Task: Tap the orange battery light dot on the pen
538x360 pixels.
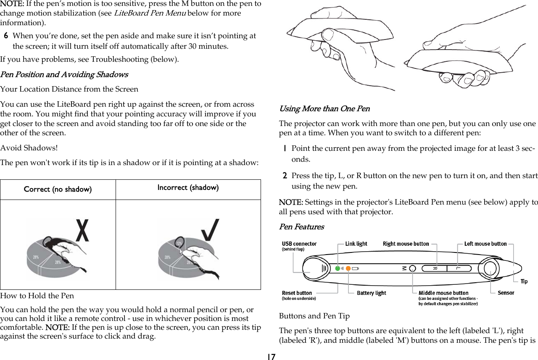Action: pyautogui.click(x=348, y=268)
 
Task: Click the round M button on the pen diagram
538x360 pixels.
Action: pyautogui.click(x=412, y=268)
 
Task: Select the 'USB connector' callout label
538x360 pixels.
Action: pyautogui.click(x=299, y=244)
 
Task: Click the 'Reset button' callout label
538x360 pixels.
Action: pyautogui.click(x=297, y=293)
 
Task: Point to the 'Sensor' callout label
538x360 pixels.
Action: pyautogui.click(x=506, y=293)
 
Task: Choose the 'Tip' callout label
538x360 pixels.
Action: pyautogui.click(x=524, y=281)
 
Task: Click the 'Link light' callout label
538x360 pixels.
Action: pyautogui.click(x=356, y=244)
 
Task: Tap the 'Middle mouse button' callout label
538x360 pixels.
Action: pyautogui.click(x=443, y=293)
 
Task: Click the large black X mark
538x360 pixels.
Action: pyautogui.click(x=82, y=230)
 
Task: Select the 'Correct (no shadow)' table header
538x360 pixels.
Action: pyautogui.click(x=58, y=189)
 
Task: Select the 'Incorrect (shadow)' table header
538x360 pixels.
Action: pyautogui.click(x=188, y=187)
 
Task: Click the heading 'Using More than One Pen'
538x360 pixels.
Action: pyautogui.click(x=324, y=109)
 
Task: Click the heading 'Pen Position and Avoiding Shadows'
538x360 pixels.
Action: pyautogui.click(x=64, y=74)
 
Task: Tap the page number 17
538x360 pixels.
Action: pyautogui.click(x=271, y=357)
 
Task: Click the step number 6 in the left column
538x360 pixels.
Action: pyautogui.click(x=7, y=36)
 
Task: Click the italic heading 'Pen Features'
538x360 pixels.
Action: pyautogui.click(x=301, y=227)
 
